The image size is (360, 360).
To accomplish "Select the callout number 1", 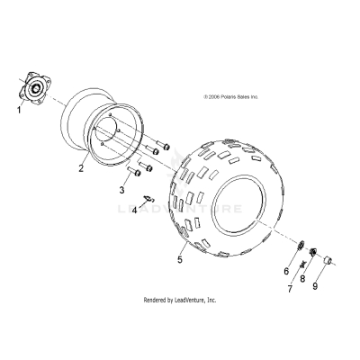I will (x=17, y=110).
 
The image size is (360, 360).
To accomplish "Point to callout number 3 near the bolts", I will (x=121, y=191).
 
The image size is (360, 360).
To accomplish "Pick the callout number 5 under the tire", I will (x=179, y=260).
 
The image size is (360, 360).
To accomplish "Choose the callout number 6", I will (x=286, y=271).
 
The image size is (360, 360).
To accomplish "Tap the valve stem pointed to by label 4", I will (x=149, y=198).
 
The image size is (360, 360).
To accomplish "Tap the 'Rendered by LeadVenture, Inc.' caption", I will (x=180, y=300).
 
